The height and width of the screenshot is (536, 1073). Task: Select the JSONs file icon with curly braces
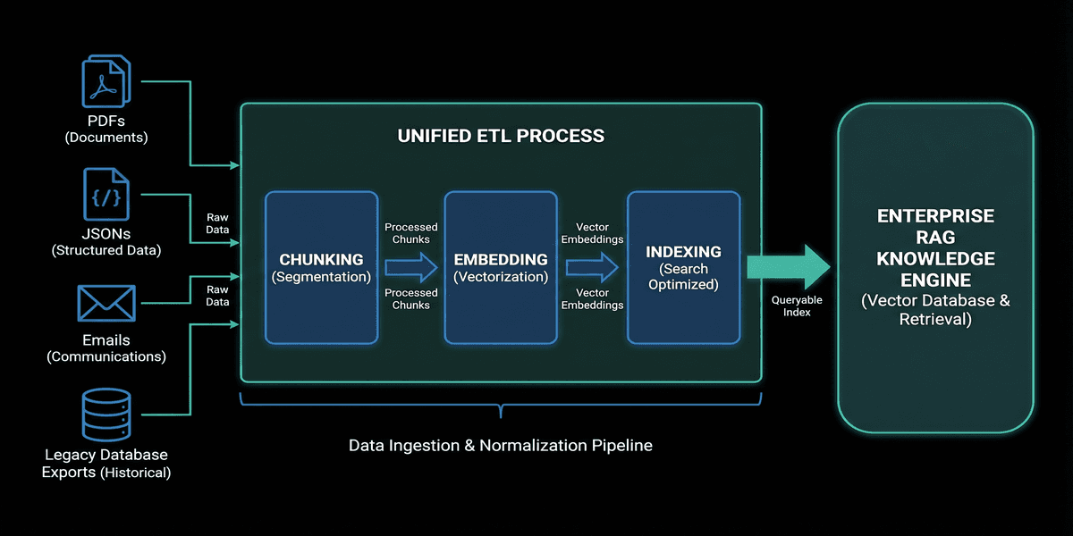click(x=106, y=193)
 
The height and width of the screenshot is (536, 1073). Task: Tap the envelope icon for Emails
click(x=106, y=304)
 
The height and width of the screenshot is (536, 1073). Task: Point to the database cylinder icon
click(x=106, y=415)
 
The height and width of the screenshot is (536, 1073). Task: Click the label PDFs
click(x=106, y=121)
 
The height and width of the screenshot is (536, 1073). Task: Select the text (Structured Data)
click(x=106, y=250)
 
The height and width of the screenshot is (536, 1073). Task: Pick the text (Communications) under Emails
click(x=106, y=356)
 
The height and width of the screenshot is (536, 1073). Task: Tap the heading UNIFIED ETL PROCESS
click(x=501, y=137)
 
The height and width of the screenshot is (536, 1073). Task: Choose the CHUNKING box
click(x=321, y=267)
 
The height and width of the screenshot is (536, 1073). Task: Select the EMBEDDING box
click(x=501, y=267)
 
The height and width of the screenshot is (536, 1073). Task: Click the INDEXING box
click(x=683, y=267)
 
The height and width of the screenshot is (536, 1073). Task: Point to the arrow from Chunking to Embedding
click(x=411, y=266)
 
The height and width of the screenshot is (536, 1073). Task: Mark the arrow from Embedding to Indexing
click(x=592, y=266)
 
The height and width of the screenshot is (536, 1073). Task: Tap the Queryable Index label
click(x=797, y=306)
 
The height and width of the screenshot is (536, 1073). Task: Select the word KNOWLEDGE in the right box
click(x=935, y=259)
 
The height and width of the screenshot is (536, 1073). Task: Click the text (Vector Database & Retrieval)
click(x=935, y=309)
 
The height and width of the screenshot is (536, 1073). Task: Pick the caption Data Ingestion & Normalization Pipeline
click(x=501, y=444)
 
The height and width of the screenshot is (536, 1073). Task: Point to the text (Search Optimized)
click(x=683, y=277)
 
